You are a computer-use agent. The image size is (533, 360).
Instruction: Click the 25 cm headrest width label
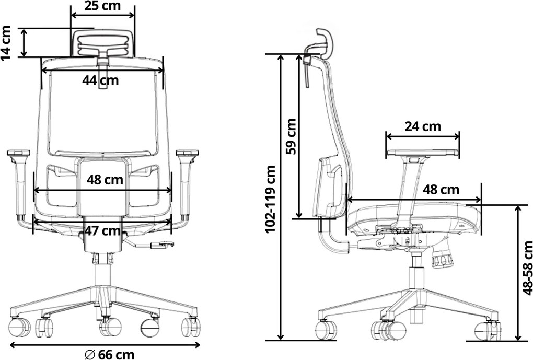[x=102, y=6]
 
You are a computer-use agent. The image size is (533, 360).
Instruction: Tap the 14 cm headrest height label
[x=6, y=42]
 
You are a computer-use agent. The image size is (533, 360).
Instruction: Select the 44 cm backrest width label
[x=100, y=80]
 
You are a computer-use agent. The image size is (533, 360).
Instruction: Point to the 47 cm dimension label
[x=102, y=231]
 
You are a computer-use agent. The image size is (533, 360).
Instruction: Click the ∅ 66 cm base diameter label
[x=109, y=355]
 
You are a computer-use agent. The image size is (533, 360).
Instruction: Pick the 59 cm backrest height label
[x=291, y=136]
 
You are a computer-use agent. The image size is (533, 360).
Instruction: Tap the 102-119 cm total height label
[x=271, y=199]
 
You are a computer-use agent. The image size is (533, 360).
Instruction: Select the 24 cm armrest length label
[x=423, y=126]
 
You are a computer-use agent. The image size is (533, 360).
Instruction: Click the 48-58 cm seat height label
[x=528, y=268]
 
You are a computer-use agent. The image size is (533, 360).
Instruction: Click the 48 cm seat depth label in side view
[x=441, y=190]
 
